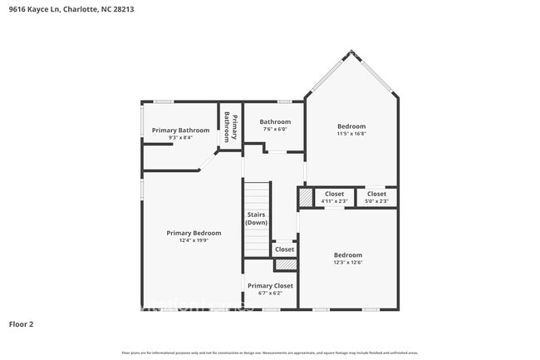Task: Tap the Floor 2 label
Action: (x=22, y=323)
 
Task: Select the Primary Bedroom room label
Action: (x=194, y=233)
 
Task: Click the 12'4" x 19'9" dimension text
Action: (x=194, y=240)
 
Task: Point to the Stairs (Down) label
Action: (x=257, y=219)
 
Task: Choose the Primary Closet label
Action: (x=270, y=285)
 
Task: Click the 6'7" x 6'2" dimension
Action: (x=270, y=293)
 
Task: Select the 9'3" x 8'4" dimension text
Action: (x=180, y=137)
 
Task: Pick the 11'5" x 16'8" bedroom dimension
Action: (x=351, y=133)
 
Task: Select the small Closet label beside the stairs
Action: (x=284, y=249)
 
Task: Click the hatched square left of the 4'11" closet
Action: (x=306, y=198)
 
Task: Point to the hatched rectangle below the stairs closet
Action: (x=285, y=264)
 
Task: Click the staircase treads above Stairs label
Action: (x=257, y=195)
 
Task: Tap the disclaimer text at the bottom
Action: (x=270, y=353)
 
